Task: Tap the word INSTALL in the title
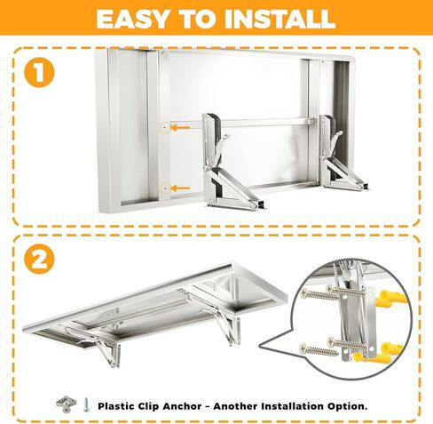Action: click(x=283, y=19)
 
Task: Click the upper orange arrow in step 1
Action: click(x=184, y=128)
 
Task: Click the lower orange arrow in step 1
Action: click(x=184, y=188)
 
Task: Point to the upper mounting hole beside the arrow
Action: click(x=165, y=128)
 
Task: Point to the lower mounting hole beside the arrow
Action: click(x=165, y=188)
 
